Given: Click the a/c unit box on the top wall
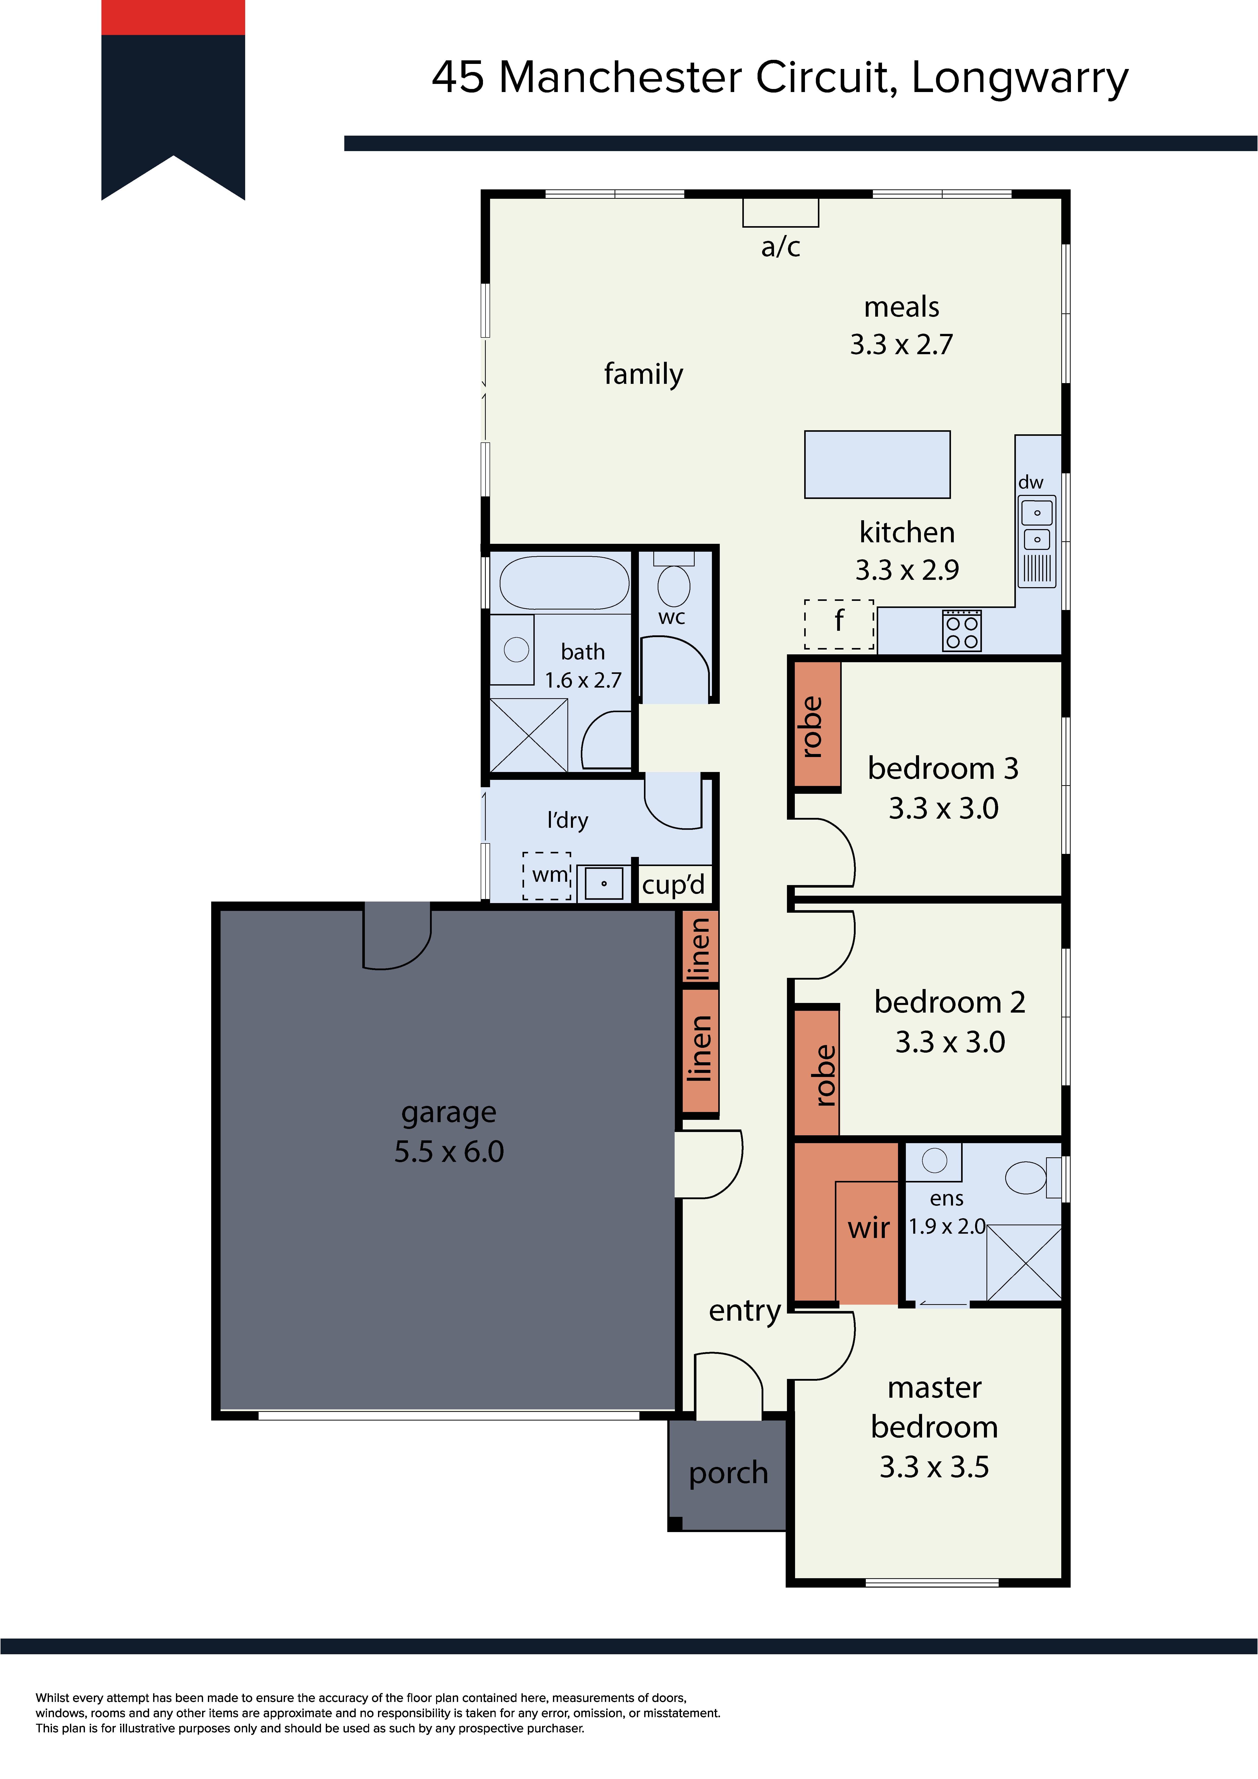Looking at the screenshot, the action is [780, 212].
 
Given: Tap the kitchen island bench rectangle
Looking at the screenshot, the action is [877, 464].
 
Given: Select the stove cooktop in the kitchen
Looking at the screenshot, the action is [961, 630].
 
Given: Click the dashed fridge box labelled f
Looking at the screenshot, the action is [839, 624].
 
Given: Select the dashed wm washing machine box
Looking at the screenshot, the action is [547, 875].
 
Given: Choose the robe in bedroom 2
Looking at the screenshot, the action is [816, 1072].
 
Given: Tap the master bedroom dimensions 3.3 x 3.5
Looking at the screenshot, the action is [934, 1467].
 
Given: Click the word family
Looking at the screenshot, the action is [644, 374].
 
